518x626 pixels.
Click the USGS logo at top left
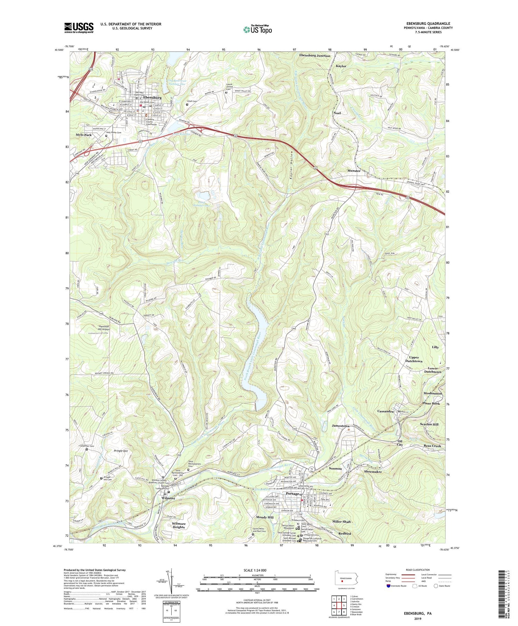(x=79, y=28)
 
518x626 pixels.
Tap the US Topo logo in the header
(x=257, y=29)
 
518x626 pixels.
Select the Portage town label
(x=292, y=494)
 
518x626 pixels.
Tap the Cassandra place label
(x=386, y=412)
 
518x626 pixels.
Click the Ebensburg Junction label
(x=315, y=56)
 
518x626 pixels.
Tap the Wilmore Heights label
(x=179, y=525)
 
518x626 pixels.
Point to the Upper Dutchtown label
(x=414, y=359)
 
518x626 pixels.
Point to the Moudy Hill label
(x=265, y=517)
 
